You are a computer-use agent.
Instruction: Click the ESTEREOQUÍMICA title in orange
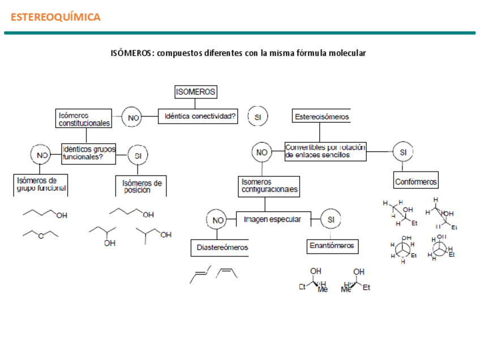pos(55,17)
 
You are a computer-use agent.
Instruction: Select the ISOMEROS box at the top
pos(195,92)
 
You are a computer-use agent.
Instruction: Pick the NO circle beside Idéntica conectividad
pos(133,118)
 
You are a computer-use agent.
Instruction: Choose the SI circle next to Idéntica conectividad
pos(258,117)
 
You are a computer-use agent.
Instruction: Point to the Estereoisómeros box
pos(322,117)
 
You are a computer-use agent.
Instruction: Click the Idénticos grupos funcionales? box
pos(89,153)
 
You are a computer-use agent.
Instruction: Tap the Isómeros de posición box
pos(142,186)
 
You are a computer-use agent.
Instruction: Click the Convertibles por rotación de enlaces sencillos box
pos(325,151)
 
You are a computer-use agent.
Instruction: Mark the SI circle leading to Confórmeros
pos(402,152)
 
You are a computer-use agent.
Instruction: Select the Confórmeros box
pos(415,182)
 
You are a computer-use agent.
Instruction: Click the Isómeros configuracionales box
pos(269,186)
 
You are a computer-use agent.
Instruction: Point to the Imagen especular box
pos(273,219)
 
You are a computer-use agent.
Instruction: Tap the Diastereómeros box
pos(222,247)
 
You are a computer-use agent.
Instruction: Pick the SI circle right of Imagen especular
pos(331,220)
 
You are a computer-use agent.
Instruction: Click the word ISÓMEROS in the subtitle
pos(131,53)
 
